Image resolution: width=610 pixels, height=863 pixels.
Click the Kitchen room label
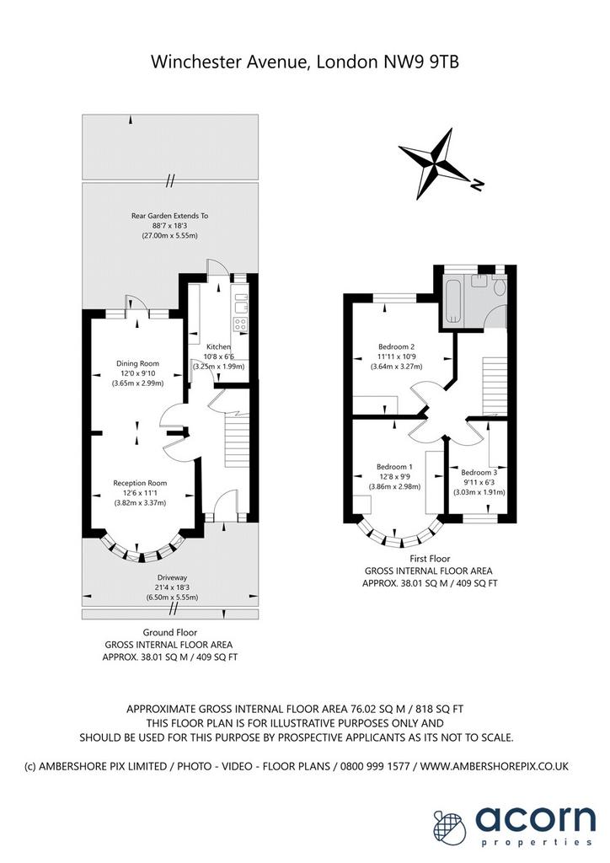[x=218, y=346]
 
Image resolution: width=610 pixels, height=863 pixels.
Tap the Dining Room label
[x=137, y=363]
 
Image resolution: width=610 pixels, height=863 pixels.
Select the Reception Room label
[x=140, y=483]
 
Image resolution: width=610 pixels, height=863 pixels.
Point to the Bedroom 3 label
[x=479, y=472]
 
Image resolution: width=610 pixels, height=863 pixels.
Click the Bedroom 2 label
[x=396, y=346]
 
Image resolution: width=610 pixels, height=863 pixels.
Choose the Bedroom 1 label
[x=394, y=467]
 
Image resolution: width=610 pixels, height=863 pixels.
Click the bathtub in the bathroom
[x=454, y=301]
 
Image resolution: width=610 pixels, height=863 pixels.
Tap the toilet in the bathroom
[x=499, y=287]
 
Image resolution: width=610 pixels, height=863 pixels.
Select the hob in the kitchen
[x=240, y=324]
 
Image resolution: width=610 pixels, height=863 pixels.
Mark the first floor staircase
[x=495, y=386]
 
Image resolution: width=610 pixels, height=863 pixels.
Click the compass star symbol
[x=435, y=163]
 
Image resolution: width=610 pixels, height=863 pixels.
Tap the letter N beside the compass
[x=477, y=185]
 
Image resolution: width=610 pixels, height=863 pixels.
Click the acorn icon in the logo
[x=449, y=827]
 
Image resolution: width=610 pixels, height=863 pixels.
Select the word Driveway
[x=172, y=577]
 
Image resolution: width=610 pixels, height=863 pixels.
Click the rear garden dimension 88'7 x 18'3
[x=169, y=226]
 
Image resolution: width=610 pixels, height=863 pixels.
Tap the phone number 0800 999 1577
[x=375, y=765]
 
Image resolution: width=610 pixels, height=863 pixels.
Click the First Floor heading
[x=430, y=558]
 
